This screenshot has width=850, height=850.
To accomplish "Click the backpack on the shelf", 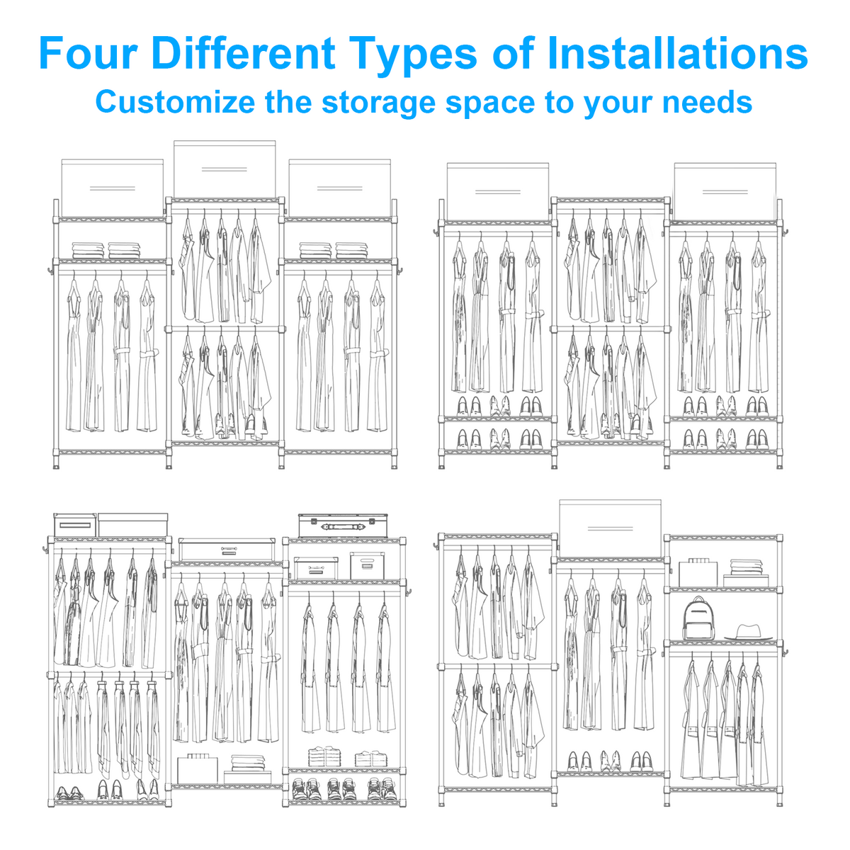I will click(x=698, y=618).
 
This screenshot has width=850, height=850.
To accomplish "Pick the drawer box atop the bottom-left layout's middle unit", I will click(x=227, y=550).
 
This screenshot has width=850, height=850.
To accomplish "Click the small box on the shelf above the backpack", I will click(x=698, y=572).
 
